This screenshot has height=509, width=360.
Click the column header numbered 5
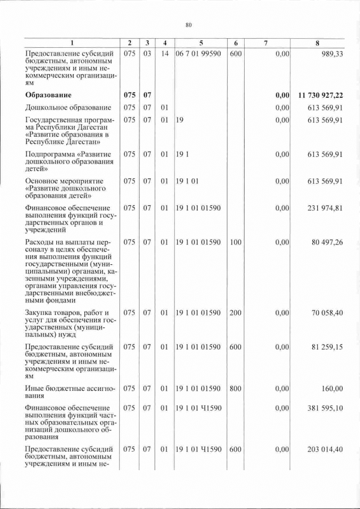200,43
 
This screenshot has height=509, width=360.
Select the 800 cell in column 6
236,389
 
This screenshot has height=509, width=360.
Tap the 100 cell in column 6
236,242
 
